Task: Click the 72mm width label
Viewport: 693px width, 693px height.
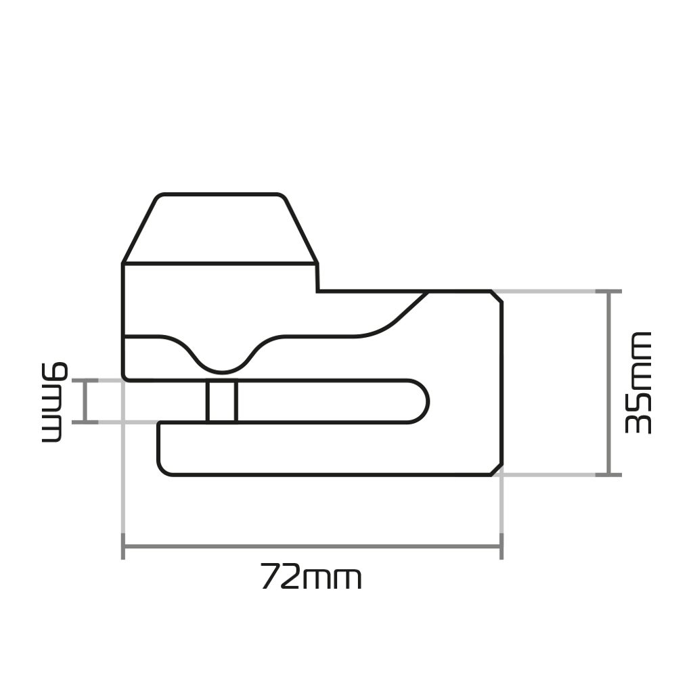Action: coord(311,577)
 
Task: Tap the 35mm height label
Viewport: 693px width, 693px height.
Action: coord(638,383)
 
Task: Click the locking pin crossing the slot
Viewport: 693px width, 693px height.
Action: coord(222,401)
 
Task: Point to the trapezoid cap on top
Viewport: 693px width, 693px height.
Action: coord(220,228)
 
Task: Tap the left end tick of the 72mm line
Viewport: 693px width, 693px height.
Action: coord(123,546)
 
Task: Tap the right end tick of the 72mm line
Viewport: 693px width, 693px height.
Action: coord(501,546)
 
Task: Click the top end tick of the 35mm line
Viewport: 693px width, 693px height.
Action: coord(609,292)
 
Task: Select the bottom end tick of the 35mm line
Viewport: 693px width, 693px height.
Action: coord(609,475)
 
